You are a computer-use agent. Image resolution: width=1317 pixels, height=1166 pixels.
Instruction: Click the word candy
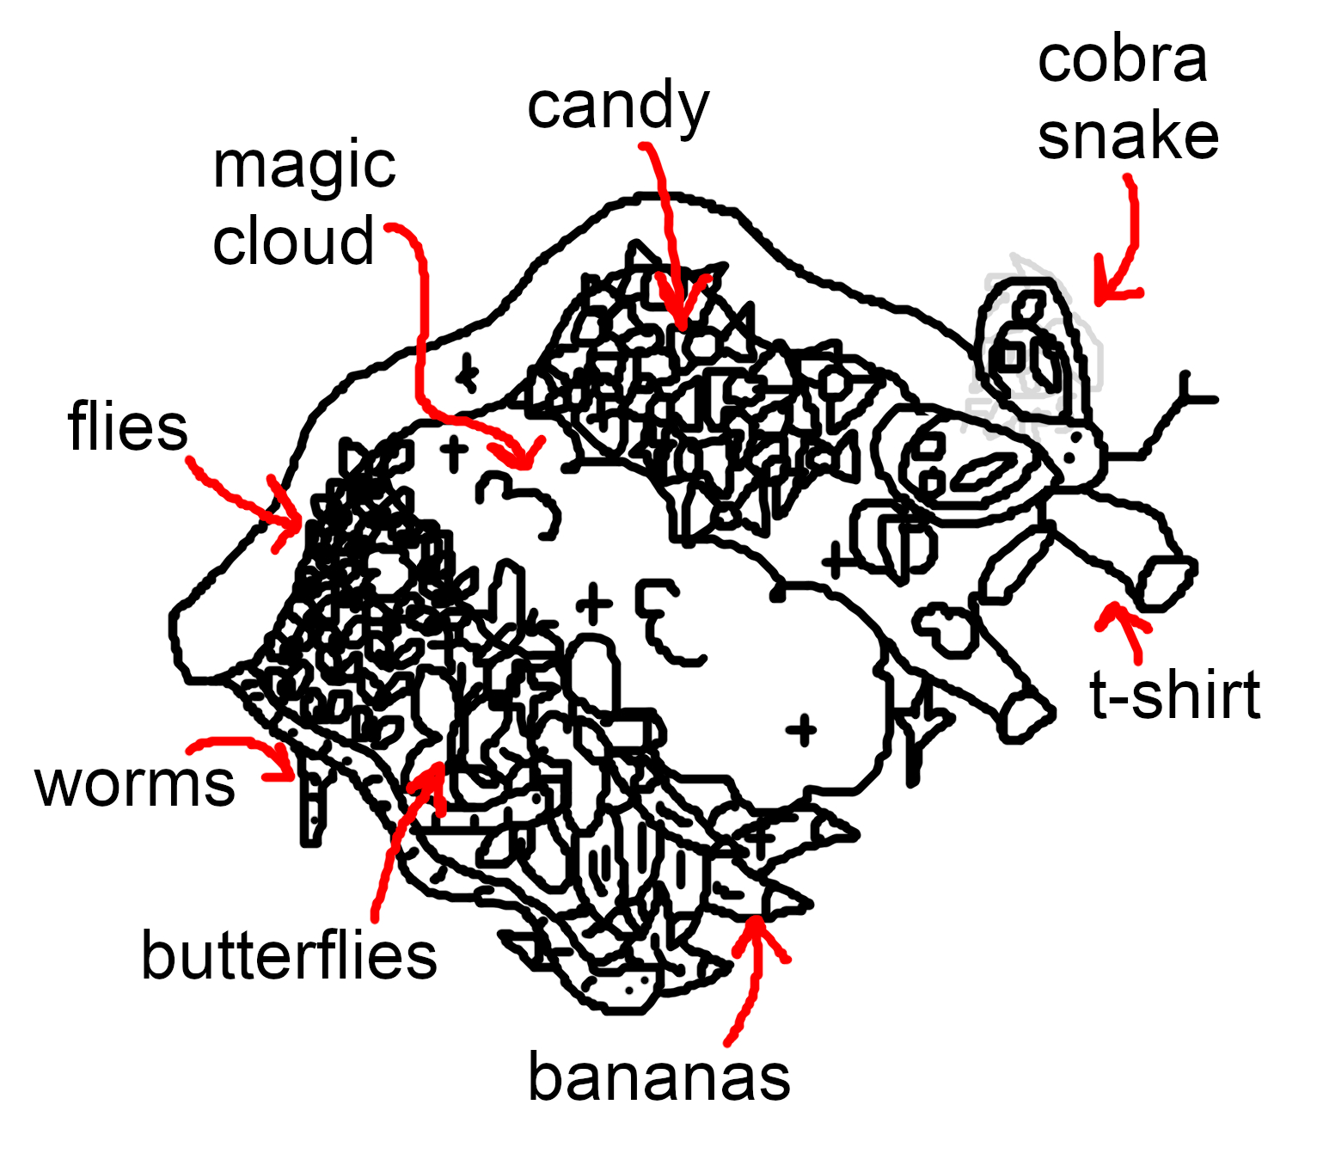[x=618, y=107]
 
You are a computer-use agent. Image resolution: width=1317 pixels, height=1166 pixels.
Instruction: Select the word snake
[x=1128, y=138]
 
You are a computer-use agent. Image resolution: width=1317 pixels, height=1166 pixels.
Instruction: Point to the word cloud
[x=293, y=242]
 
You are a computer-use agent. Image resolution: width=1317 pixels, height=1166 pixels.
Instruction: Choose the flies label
[x=127, y=427]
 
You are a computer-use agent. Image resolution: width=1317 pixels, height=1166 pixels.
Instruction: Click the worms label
[x=135, y=784]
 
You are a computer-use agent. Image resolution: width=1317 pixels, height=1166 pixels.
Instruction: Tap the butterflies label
[x=289, y=956]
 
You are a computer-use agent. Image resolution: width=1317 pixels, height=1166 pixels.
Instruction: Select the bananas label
[x=658, y=1077]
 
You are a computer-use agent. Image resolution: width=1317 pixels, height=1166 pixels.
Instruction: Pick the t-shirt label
[x=1174, y=696]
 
